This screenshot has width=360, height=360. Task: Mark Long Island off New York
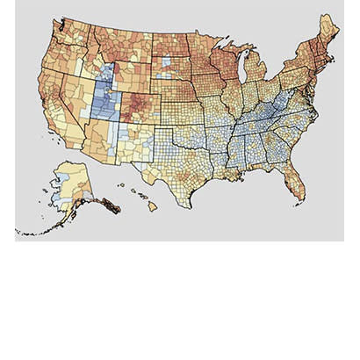[318, 81]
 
